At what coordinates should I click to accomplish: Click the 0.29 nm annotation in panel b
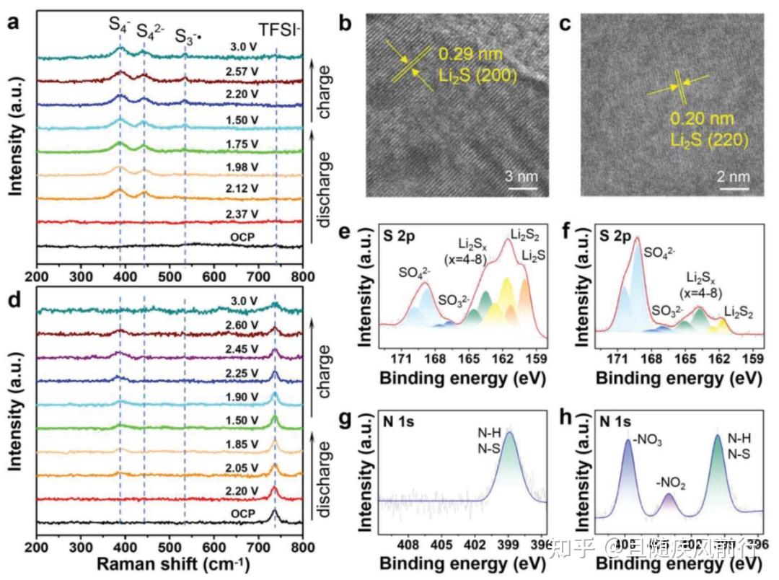pos(470,54)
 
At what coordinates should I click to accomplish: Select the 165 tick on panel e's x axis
pos(469,359)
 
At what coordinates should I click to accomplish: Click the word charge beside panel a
pos(324,85)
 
